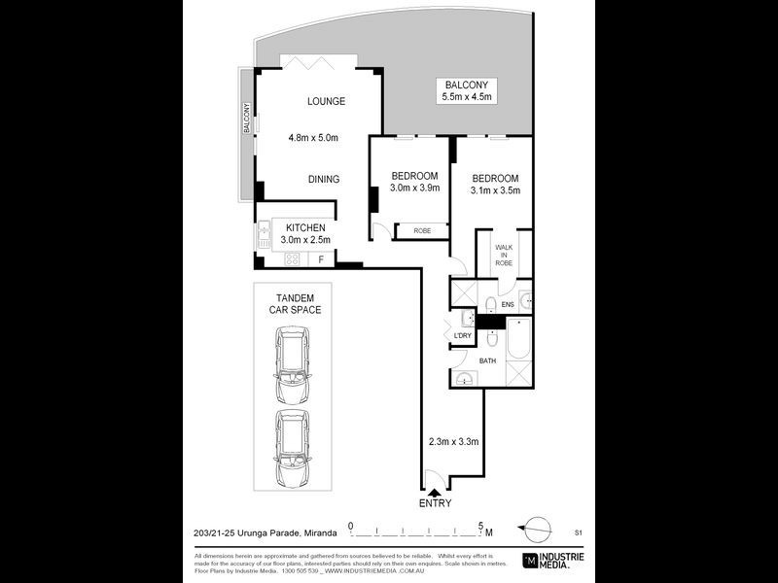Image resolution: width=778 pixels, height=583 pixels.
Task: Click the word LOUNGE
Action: pyautogui.click(x=327, y=101)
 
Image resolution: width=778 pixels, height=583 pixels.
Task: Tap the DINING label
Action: pyautogui.click(x=324, y=179)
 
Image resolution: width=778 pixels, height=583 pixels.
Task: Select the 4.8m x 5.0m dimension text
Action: pyautogui.click(x=313, y=138)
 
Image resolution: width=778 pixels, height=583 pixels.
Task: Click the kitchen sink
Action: pyautogui.click(x=264, y=234)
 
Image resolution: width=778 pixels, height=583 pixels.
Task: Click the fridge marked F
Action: pyautogui.click(x=321, y=259)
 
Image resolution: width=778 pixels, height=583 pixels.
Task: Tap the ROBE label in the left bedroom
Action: pyautogui.click(x=422, y=231)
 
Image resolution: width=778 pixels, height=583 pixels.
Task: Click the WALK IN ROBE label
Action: pyautogui.click(x=503, y=256)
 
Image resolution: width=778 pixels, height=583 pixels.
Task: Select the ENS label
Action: pyautogui.click(x=507, y=304)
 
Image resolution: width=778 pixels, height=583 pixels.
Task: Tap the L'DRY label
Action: pyautogui.click(x=462, y=336)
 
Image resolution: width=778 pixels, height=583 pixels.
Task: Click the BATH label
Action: pyautogui.click(x=487, y=361)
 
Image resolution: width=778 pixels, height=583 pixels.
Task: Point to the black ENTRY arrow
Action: pyautogui.click(x=434, y=494)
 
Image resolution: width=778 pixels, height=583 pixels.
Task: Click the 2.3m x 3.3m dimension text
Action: pyautogui.click(x=454, y=442)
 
